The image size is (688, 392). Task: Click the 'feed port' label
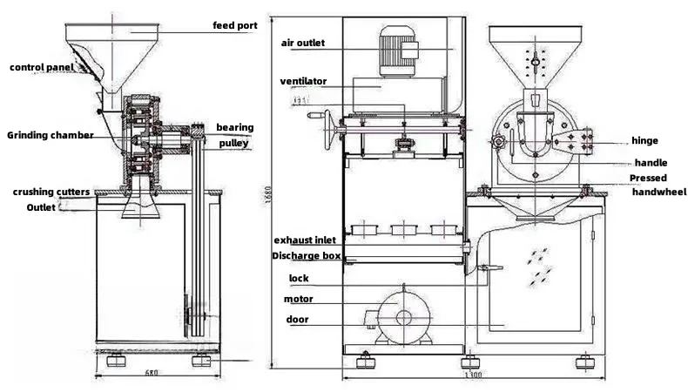[x=235, y=25]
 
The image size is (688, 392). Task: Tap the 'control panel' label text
[x=42, y=68]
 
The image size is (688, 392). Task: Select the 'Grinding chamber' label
[x=51, y=135]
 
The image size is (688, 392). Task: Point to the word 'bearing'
[x=235, y=127]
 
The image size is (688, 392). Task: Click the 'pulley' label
[x=234, y=143]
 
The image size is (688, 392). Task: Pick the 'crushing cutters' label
[x=51, y=192]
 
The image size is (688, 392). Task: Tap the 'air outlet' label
[x=303, y=43]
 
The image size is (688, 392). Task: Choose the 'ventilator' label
[x=303, y=81]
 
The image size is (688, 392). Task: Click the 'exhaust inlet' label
[x=305, y=240]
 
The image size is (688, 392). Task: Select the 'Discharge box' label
[x=307, y=256]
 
